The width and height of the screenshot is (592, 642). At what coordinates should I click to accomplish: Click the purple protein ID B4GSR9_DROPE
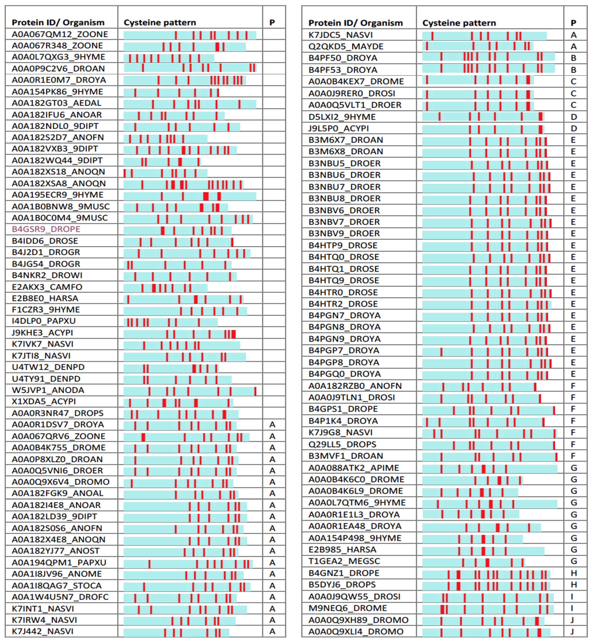[x=46, y=229]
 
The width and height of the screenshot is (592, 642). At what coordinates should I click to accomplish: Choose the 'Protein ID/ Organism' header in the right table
[x=355, y=23]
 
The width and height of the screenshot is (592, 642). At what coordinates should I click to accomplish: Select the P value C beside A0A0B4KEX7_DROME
[x=573, y=81]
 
